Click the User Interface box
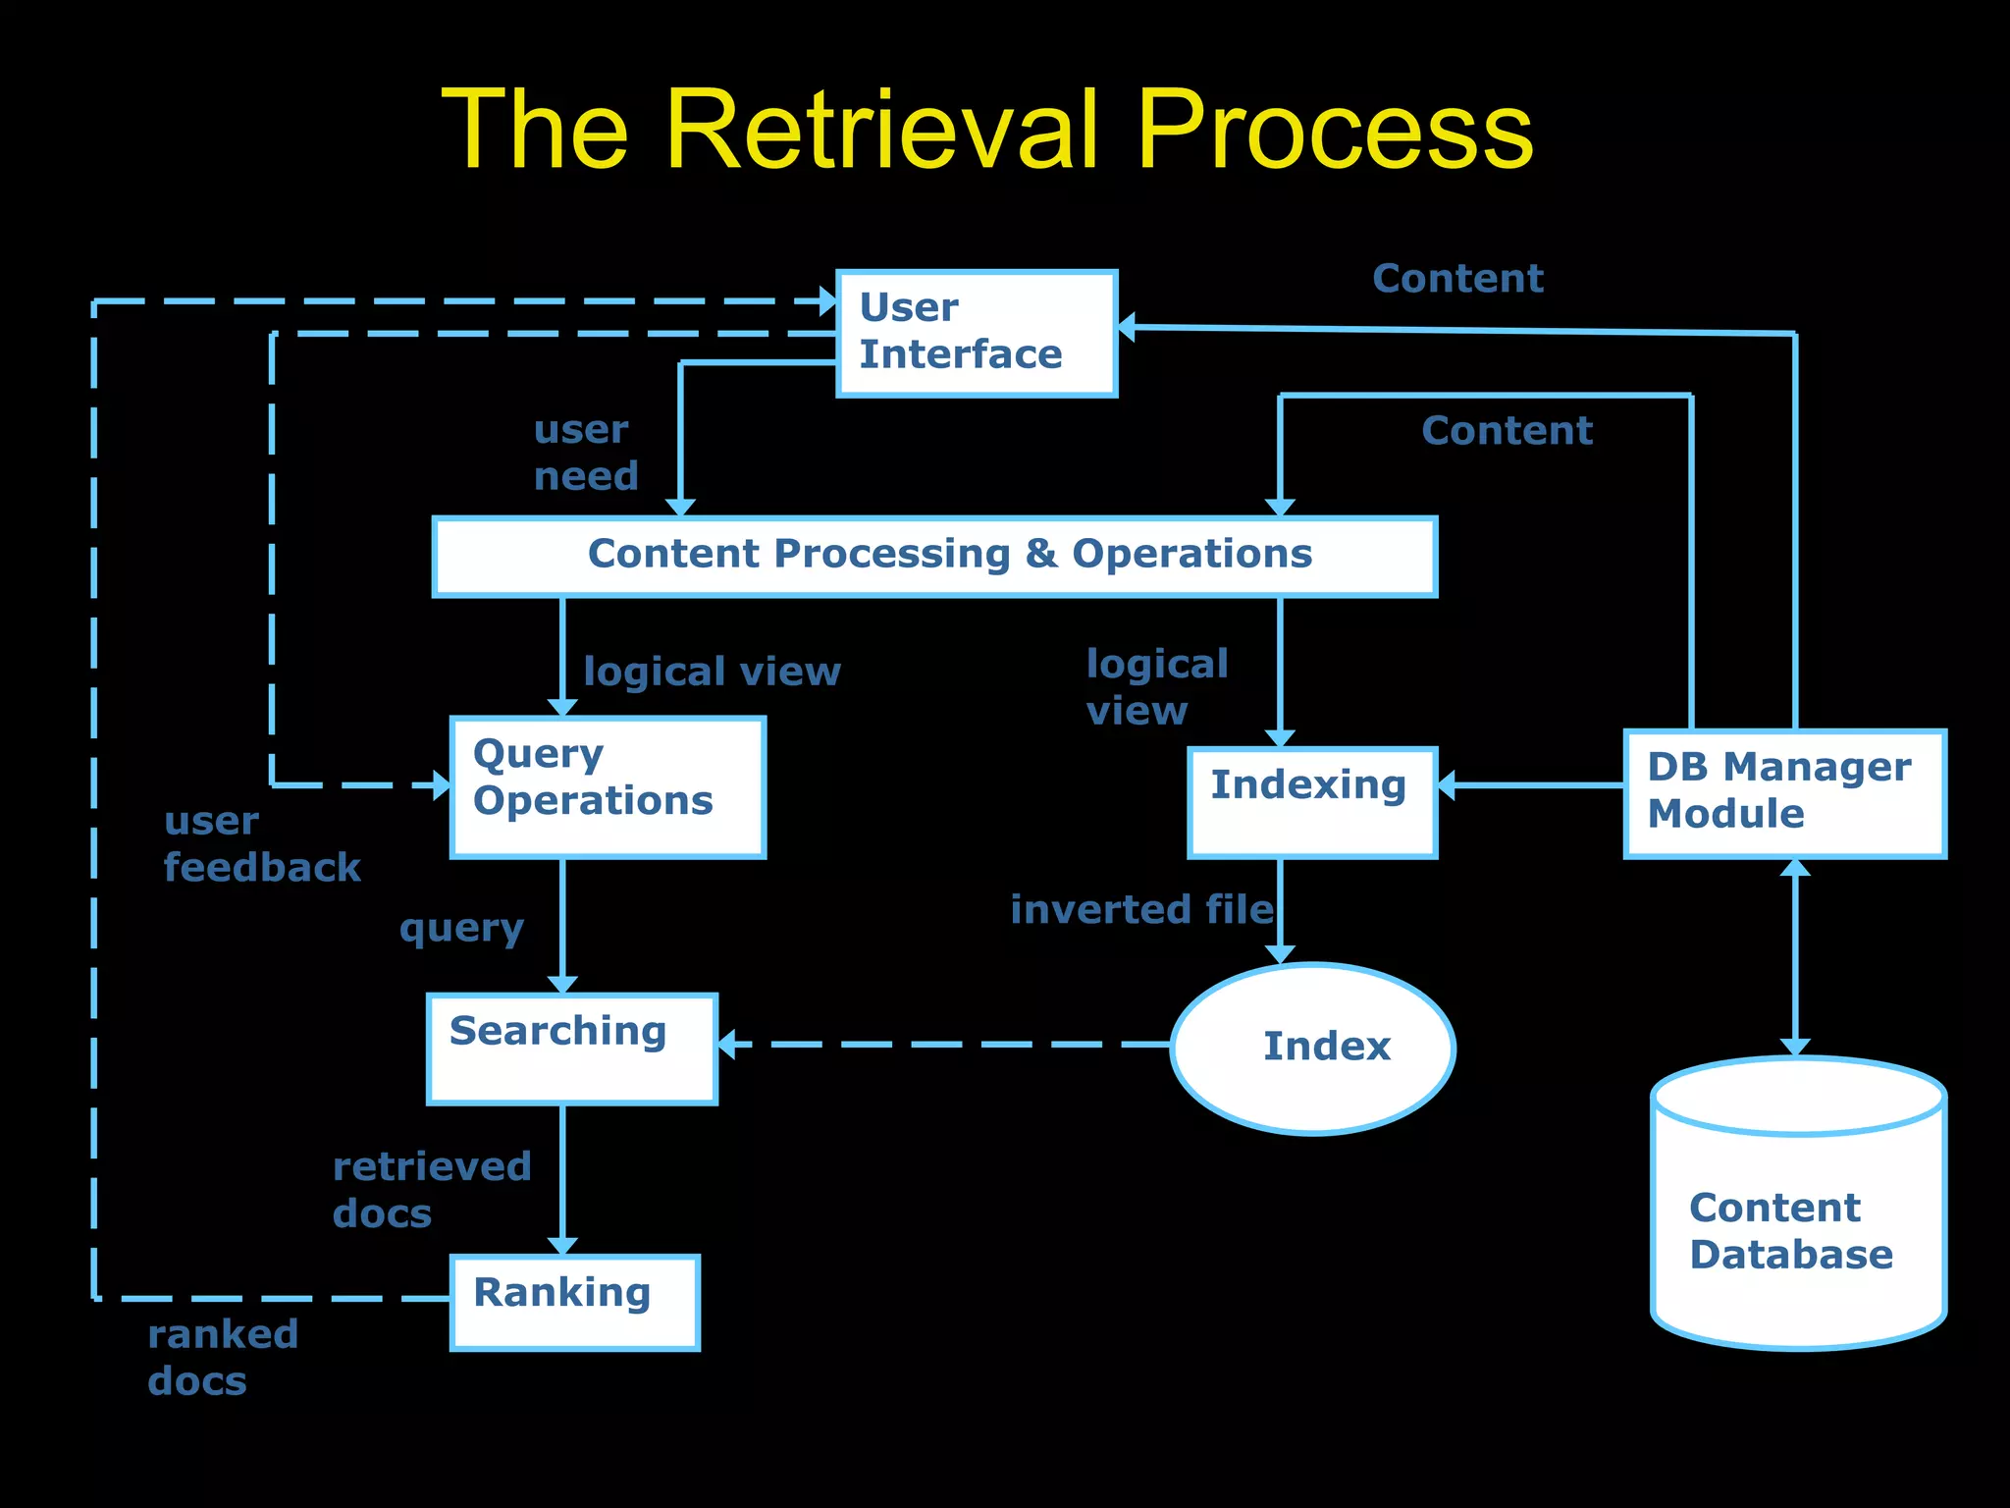977,334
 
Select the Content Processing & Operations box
934,556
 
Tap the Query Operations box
608,786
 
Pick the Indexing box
1312,802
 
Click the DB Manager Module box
1784,793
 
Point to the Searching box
572,1049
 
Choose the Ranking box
575,1302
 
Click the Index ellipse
1313,1048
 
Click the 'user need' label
586,453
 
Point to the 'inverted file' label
1141,909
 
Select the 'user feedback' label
261,844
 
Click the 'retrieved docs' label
432,1190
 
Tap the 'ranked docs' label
223,1357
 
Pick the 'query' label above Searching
461,928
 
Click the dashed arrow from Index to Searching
942,1045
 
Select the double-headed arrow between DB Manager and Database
1795,957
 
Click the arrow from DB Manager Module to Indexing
1531,784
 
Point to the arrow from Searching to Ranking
562,1178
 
